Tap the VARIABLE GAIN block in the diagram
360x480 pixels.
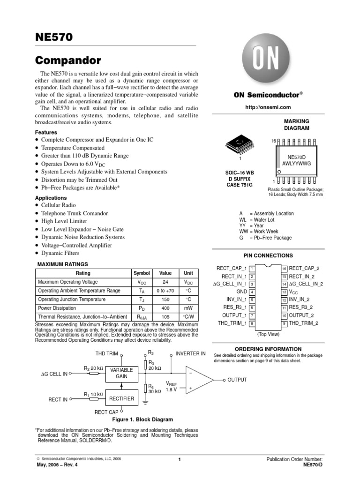[x=121, y=373]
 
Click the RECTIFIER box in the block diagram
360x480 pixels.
[x=121, y=399]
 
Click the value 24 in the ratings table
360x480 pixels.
[x=165, y=282]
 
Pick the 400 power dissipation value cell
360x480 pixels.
[x=165, y=308]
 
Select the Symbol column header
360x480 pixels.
[x=142, y=273]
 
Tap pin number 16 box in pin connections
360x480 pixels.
[x=284, y=268]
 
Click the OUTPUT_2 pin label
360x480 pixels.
[x=301, y=315]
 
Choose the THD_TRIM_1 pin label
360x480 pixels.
[x=232, y=323]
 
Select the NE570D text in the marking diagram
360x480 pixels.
[x=297, y=157]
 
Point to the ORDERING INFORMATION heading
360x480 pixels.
[x=268, y=349]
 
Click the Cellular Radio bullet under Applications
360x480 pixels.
[x=58, y=205]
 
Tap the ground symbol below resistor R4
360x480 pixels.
[x=146, y=401]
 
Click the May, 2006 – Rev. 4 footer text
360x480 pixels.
[x=57, y=465]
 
